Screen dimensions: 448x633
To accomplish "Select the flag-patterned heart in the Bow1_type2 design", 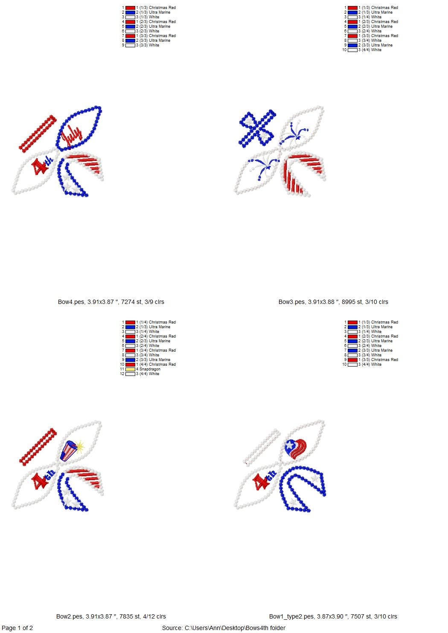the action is (296, 448).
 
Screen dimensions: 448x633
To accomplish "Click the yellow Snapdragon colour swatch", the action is (130, 369).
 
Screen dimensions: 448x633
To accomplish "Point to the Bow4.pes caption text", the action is (111, 302).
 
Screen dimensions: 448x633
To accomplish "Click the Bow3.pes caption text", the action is (333, 302).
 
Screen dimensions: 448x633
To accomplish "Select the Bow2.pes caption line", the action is (111, 616).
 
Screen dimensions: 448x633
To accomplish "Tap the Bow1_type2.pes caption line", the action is (333, 616).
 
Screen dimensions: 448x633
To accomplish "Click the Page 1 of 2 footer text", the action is (17, 628).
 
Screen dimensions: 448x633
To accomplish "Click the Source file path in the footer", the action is (224, 628).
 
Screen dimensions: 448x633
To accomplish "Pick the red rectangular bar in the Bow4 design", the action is (38, 134).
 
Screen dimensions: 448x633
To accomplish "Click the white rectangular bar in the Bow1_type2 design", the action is (262, 447).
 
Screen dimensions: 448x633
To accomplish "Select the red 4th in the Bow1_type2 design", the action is (264, 480).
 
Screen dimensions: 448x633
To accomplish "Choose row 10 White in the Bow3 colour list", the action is (362, 50).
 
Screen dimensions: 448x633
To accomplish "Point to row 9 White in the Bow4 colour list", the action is (140, 45).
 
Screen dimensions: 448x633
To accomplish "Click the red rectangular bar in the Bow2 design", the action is (38, 447).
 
